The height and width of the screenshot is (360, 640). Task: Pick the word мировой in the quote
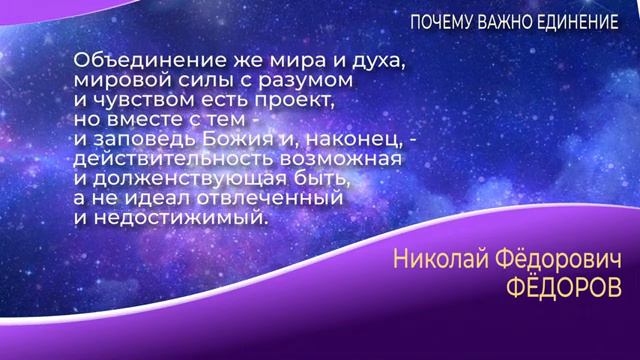[115, 80]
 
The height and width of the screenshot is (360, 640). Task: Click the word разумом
[310, 80]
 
